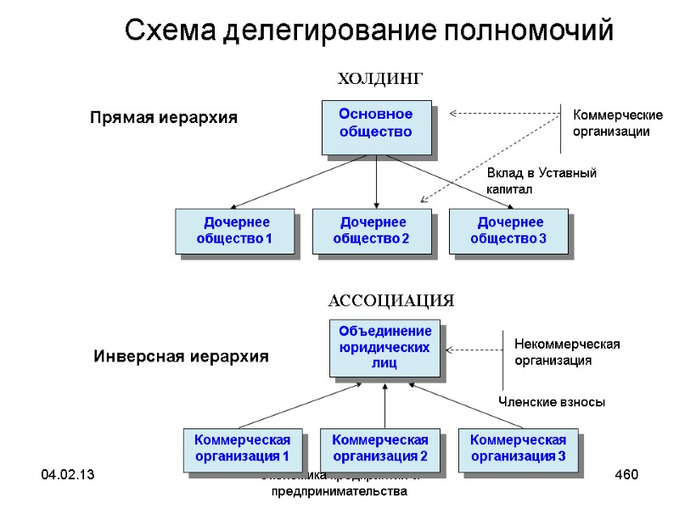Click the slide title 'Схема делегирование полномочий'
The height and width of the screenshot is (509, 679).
(368, 31)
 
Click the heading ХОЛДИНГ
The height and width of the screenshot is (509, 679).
(379, 79)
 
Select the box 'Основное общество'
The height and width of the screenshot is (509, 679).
(375, 126)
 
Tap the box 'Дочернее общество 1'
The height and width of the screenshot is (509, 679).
(234, 231)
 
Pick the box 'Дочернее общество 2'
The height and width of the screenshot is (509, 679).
(372, 231)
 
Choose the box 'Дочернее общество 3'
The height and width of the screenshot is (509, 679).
(508, 231)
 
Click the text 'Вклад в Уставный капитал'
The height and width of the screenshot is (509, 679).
(541, 181)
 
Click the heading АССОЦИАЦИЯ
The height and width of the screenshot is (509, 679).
(390, 300)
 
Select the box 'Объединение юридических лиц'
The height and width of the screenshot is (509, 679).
(384, 347)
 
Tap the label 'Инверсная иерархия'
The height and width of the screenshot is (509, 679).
(180, 357)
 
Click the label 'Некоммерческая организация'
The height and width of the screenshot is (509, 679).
(567, 352)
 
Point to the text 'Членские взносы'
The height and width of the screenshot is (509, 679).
(551, 402)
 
